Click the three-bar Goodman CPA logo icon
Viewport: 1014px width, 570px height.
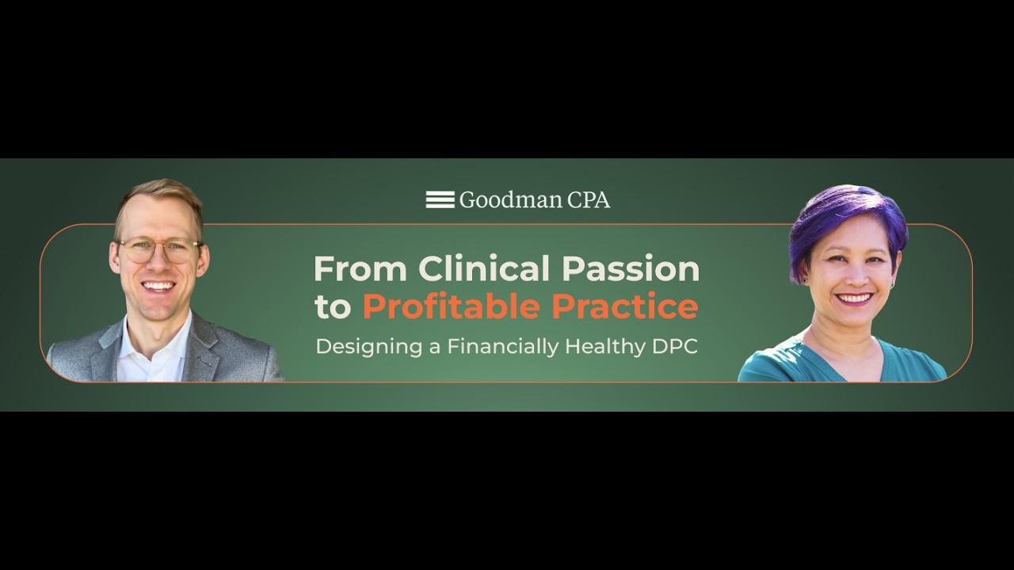point(440,199)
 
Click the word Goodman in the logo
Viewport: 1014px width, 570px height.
point(499,200)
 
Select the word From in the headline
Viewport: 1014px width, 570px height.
point(360,269)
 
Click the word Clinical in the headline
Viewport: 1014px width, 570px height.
point(484,269)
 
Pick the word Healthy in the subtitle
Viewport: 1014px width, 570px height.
point(608,347)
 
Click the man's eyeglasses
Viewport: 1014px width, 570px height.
point(159,250)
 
